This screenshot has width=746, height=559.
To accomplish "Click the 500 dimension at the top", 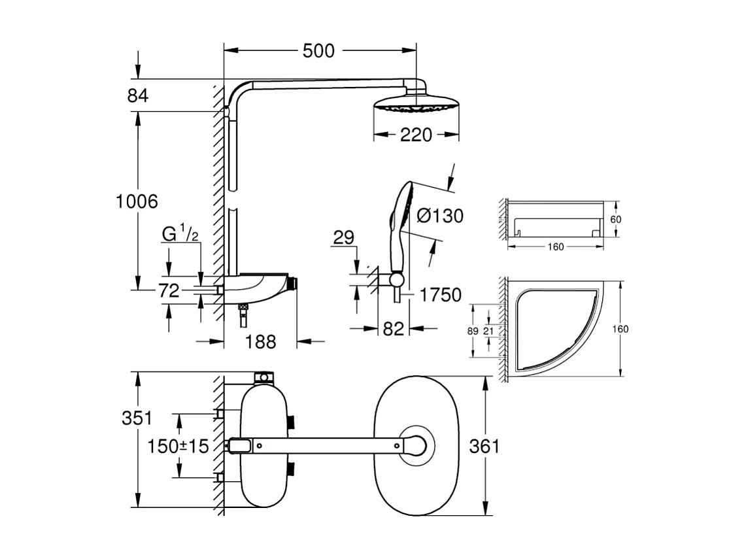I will [x=319, y=51].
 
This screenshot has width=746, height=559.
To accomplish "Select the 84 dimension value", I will [x=138, y=95].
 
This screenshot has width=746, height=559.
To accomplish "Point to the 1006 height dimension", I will [x=137, y=201].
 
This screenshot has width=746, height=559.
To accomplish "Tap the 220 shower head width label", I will [x=416, y=135].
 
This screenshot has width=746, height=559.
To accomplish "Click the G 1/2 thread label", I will [x=180, y=233].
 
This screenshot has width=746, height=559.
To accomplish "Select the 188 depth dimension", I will [x=261, y=341].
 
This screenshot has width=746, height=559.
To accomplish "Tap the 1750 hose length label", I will [x=441, y=295].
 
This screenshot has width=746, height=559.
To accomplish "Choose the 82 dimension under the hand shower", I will [x=394, y=330].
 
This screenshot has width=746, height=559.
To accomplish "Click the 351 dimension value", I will [x=137, y=418].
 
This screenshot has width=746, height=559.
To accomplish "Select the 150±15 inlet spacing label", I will [x=177, y=447].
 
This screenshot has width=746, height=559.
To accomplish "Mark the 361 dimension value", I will [x=484, y=447].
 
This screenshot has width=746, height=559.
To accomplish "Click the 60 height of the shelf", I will [x=615, y=220].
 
